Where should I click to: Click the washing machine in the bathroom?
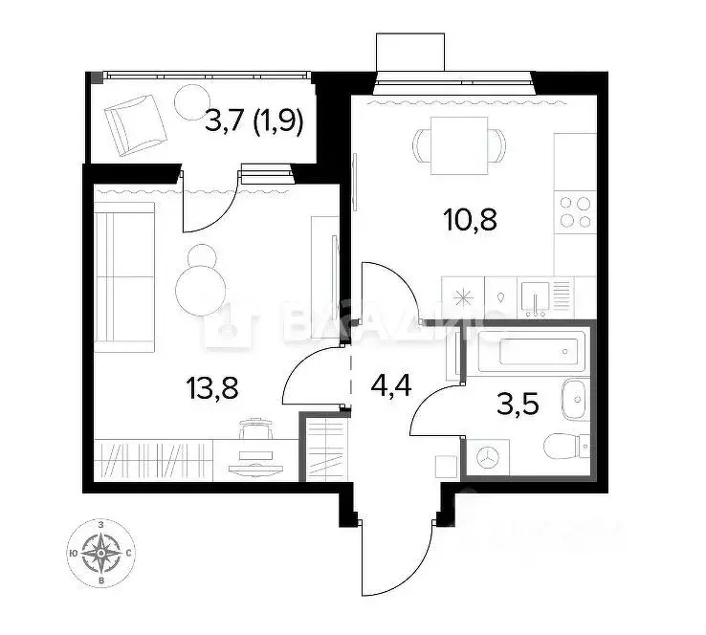click(x=488, y=458)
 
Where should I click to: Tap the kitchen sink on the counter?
click(x=534, y=296)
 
